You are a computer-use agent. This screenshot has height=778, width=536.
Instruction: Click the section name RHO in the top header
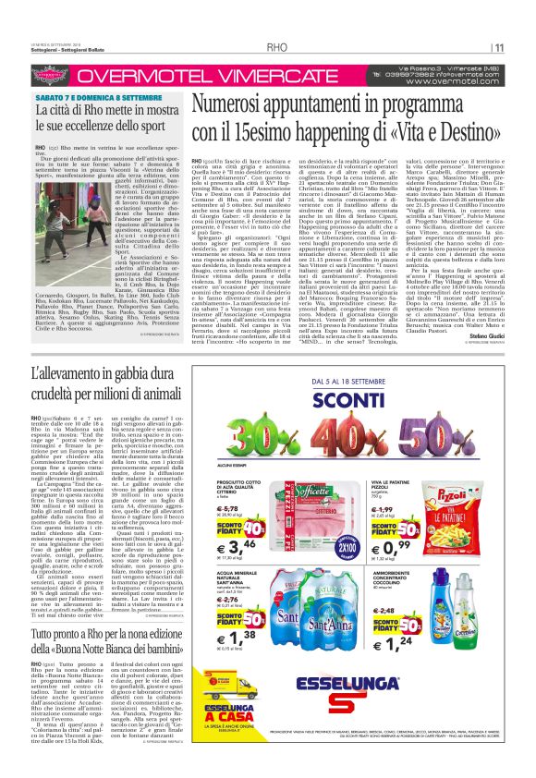click(276, 47)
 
